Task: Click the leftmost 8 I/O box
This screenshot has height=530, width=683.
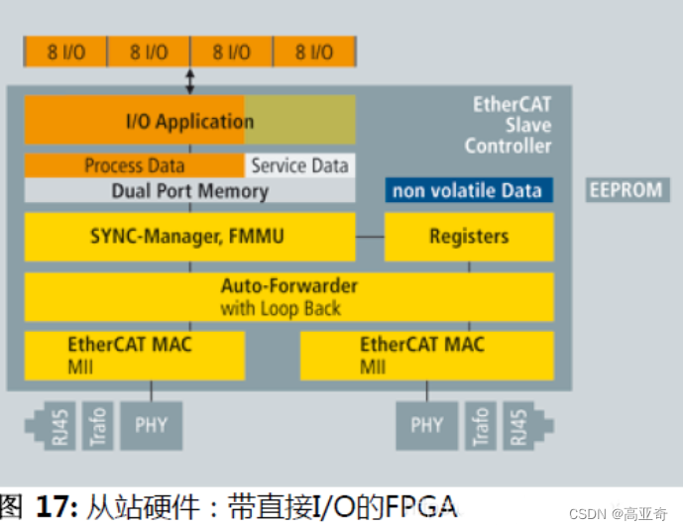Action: point(65,52)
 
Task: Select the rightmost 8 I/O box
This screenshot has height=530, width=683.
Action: point(313,52)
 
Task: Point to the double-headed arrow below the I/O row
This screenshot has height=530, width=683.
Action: point(190,77)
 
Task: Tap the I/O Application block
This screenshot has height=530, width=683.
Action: point(188,121)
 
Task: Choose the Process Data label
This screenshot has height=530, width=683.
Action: point(134,165)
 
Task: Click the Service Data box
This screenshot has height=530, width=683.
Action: point(299,165)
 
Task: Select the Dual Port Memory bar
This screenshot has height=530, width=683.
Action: point(189,191)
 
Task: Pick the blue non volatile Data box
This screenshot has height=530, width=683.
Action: point(468,190)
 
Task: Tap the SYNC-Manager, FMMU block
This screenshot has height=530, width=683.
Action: point(189,237)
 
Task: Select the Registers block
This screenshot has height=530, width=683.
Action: point(468,237)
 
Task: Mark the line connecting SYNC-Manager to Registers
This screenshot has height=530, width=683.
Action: point(370,237)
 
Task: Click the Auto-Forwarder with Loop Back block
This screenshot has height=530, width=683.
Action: point(288,296)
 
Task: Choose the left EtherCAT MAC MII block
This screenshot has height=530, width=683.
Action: point(135,355)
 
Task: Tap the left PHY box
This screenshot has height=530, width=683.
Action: point(151,426)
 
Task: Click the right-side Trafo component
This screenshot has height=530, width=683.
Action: point(481,426)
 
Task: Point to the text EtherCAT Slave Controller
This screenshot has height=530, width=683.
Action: point(509,125)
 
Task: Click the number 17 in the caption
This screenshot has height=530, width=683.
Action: point(54,508)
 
